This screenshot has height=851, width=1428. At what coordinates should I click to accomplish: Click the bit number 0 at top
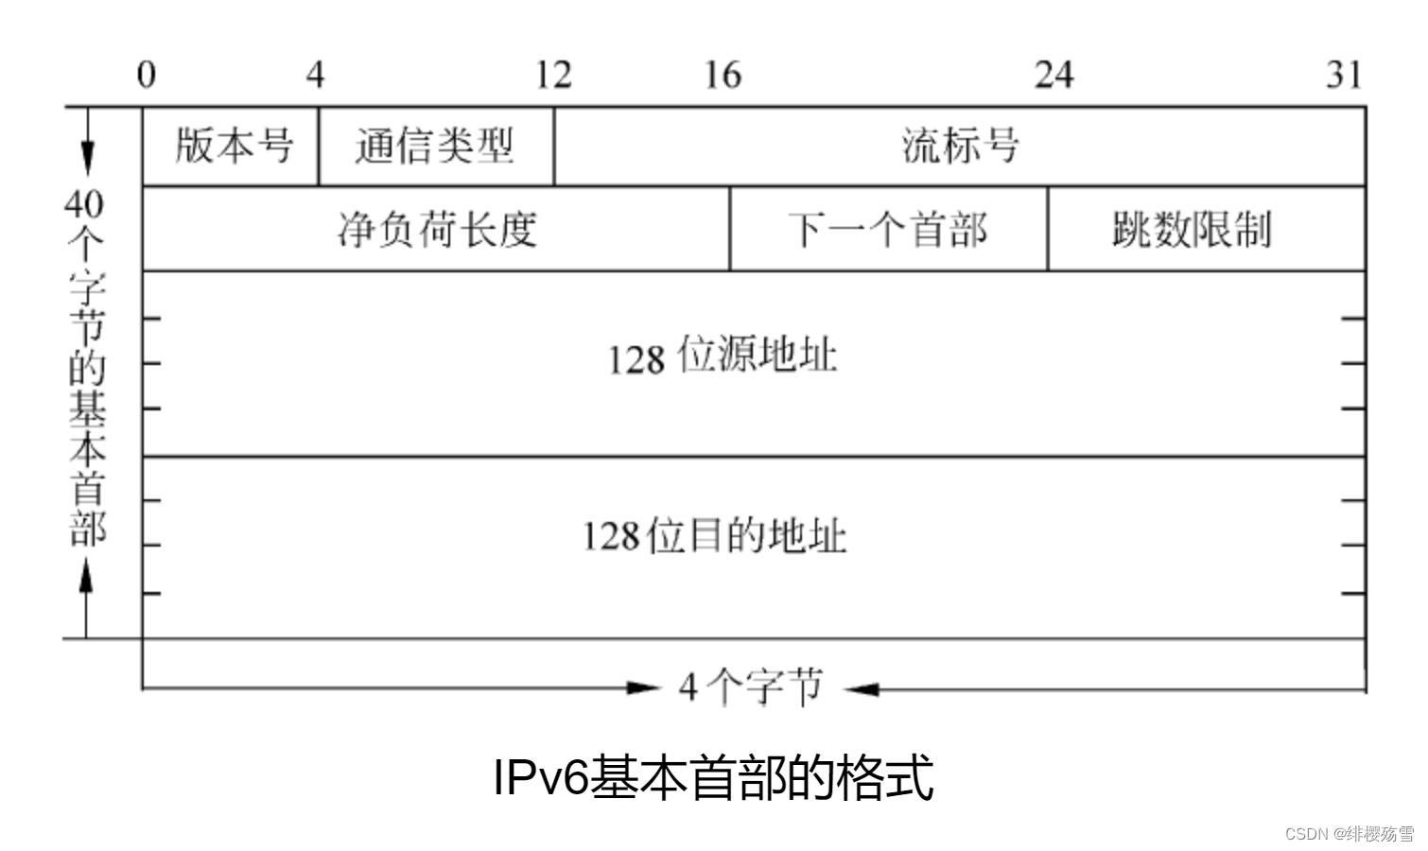click(146, 74)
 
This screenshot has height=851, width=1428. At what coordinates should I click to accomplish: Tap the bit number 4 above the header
click(315, 74)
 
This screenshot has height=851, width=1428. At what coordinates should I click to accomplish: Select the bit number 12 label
click(553, 74)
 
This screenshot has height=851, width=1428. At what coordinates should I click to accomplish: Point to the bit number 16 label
click(723, 74)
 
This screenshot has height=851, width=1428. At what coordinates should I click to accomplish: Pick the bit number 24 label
click(1054, 74)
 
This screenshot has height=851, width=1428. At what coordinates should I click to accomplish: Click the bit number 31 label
click(1344, 74)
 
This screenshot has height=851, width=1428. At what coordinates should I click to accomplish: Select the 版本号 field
click(234, 147)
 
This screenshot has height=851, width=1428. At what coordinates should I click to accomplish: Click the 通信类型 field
click(435, 147)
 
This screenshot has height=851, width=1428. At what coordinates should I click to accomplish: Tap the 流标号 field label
click(960, 147)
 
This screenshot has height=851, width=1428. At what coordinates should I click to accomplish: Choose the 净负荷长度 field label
click(437, 230)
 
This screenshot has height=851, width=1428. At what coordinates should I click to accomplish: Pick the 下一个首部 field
click(888, 230)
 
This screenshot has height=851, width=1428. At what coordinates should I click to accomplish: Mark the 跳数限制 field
click(1192, 230)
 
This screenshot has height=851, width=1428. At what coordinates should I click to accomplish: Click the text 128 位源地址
click(723, 357)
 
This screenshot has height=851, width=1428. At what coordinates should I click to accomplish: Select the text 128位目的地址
click(714, 536)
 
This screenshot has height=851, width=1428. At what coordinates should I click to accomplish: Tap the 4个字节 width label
click(751, 687)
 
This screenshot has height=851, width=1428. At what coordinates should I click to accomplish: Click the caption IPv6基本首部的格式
click(714, 777)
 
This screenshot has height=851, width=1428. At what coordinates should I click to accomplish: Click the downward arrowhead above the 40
click(87, 157)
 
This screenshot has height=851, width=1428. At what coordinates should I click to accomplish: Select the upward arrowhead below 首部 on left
click(86, 573)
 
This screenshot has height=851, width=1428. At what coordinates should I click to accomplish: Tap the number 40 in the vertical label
click(84, 202)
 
